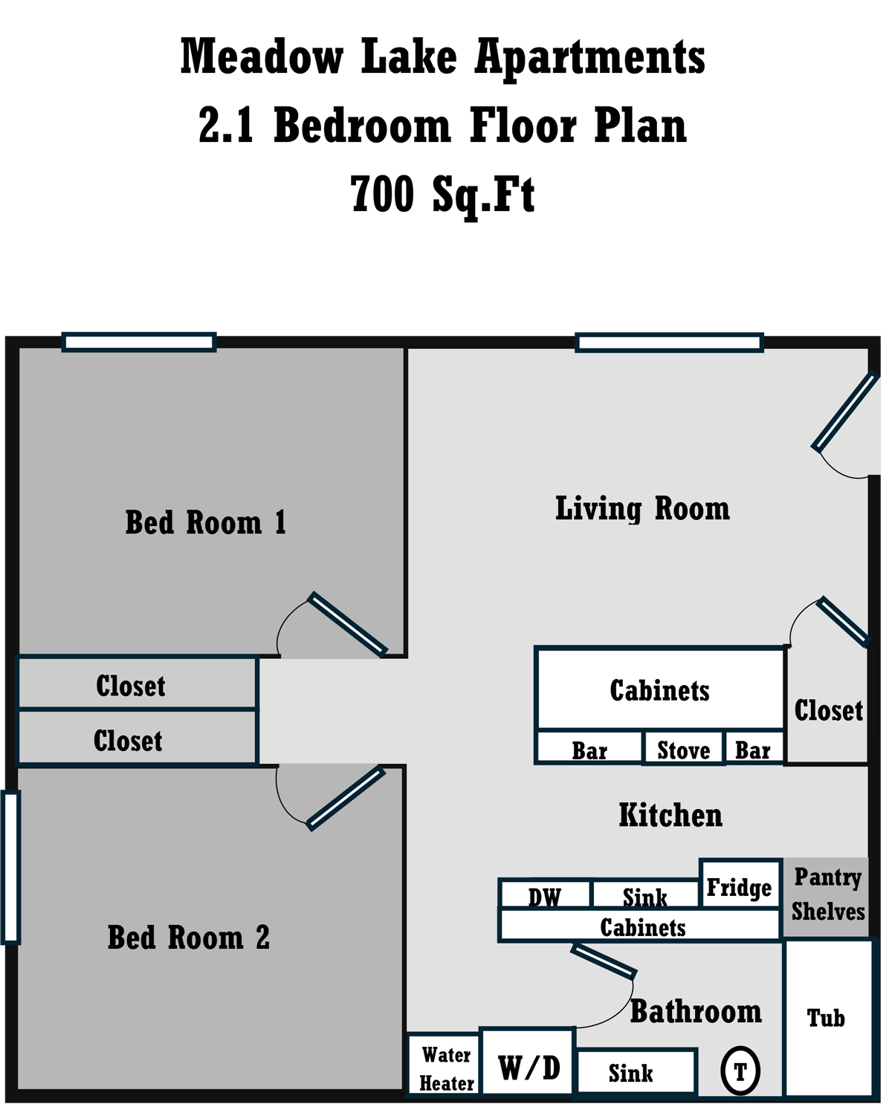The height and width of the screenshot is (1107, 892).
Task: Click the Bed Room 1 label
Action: [x=205, y=522]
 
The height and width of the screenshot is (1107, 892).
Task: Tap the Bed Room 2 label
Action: [x=188, y=938]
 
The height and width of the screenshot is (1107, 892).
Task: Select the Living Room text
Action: [x=642, y=509]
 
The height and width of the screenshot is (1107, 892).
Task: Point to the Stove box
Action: [x=683, y=749]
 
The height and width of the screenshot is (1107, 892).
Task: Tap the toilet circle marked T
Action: [x=740, y=1071]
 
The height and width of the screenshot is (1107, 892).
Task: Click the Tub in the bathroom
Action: [x=827, y=1017]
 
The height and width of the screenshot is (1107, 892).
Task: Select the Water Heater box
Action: [x=445, y=1068]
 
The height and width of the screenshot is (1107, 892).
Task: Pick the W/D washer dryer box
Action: [x=529, y=1068]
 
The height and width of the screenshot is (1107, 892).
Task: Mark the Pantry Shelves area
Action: [x=827, y=895]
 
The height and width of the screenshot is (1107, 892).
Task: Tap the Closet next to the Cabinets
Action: [x=827, y=710]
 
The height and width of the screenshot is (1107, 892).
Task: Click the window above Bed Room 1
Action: [x=139, y=343]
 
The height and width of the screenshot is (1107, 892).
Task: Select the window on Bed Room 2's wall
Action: [x=10, y=867]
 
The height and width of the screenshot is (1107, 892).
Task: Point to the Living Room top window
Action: [x=669, y=343]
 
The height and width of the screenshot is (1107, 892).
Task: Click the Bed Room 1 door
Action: [x=347, y=625]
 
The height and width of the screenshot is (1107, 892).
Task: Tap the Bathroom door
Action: [x=603, y=961]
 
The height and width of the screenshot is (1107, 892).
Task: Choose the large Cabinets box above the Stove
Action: [x=659, y=689]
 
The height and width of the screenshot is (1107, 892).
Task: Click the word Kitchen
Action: [x=670, y=815]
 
